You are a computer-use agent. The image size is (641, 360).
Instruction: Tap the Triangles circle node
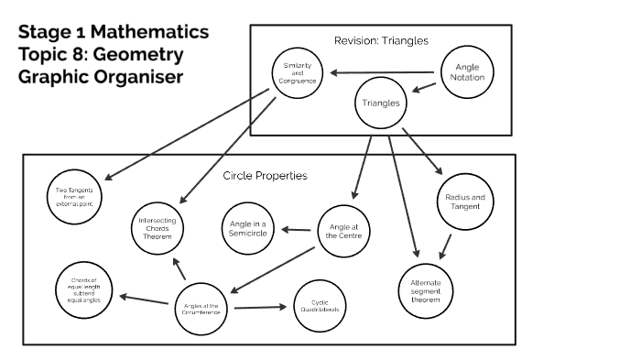[x=382, y=104]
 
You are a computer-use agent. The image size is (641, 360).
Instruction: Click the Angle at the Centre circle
[x=344, y=231]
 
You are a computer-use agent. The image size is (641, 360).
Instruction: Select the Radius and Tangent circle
[x=464, y=202]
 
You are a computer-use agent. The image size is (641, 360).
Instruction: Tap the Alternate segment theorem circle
[x=425, y=290]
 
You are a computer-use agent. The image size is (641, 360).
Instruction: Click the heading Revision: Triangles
[x=382, y=40]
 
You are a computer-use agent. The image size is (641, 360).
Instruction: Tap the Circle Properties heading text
[x=265, y=175]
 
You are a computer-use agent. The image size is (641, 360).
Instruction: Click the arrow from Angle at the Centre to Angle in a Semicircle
[x=298, y=230]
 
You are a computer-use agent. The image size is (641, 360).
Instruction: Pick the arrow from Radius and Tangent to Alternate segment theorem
[x=446, y=245]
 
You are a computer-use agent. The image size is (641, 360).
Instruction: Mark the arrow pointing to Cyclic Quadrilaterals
[x=260, y=308]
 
